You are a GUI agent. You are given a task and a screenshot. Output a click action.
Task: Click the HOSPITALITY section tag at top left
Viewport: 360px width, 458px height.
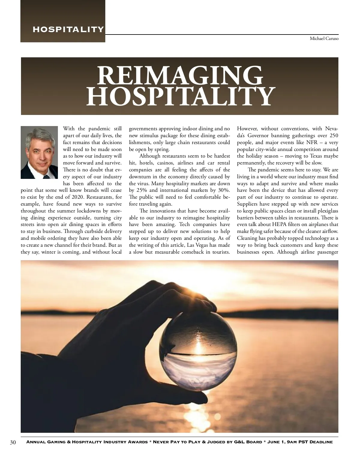(x=68, y=29)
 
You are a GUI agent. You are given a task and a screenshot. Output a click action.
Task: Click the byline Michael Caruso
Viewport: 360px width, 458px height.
(x=324, y=39)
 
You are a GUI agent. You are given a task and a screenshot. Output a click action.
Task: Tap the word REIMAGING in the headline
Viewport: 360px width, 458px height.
(x=180, y=76)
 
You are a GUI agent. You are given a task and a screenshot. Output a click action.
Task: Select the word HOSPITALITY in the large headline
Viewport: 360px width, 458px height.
(x=181, y=96)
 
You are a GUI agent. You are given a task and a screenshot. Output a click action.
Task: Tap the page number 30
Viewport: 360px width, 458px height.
(x=13, y=442)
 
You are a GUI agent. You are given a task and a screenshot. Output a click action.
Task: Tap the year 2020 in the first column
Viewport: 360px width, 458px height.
(x=78, y=197)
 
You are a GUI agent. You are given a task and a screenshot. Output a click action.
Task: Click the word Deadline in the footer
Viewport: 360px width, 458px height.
(x=321, y=442)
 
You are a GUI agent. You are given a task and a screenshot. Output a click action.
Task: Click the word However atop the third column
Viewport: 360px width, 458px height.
(x=247, y=129)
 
